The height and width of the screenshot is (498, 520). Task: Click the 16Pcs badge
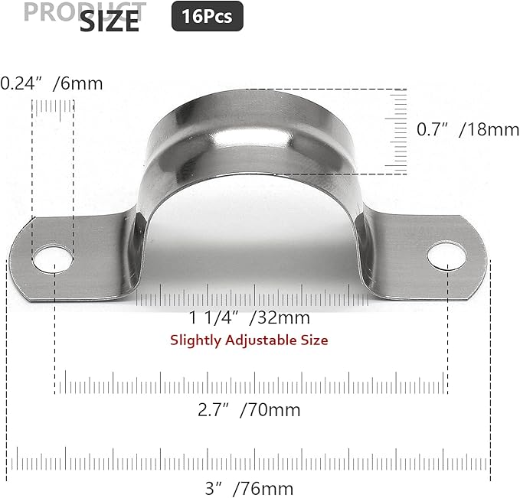coord(207,15)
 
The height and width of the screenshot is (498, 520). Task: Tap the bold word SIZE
coord(110,21)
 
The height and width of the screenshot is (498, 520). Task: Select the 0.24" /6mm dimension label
coord(51,83)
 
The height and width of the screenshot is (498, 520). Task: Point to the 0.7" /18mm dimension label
coord(467,130)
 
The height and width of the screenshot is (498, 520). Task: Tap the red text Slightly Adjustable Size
coord(249,340)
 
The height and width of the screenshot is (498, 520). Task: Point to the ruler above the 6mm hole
coord(53,115)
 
